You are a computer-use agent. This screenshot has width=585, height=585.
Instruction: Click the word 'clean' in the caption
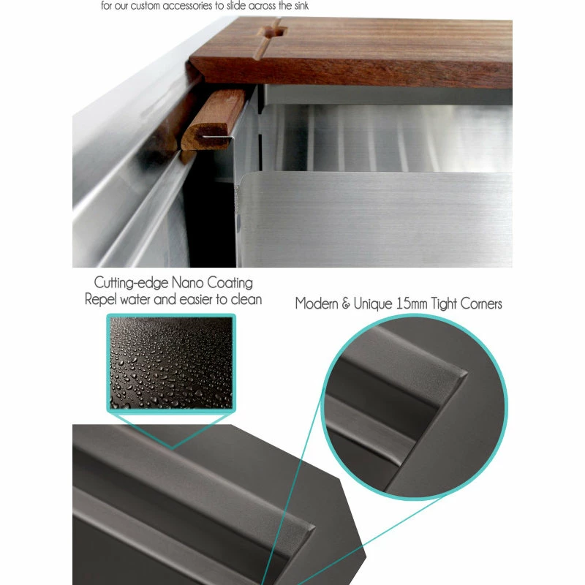pyautogui.click(x=246, y=299)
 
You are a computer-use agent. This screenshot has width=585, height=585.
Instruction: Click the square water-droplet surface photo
pyautogui.click(x=171, y=363)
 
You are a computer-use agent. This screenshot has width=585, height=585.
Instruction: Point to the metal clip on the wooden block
pyautogui.click(x=222, y=135)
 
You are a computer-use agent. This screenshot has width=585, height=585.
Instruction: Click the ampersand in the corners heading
pyautogui.click(x=344, y=303)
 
